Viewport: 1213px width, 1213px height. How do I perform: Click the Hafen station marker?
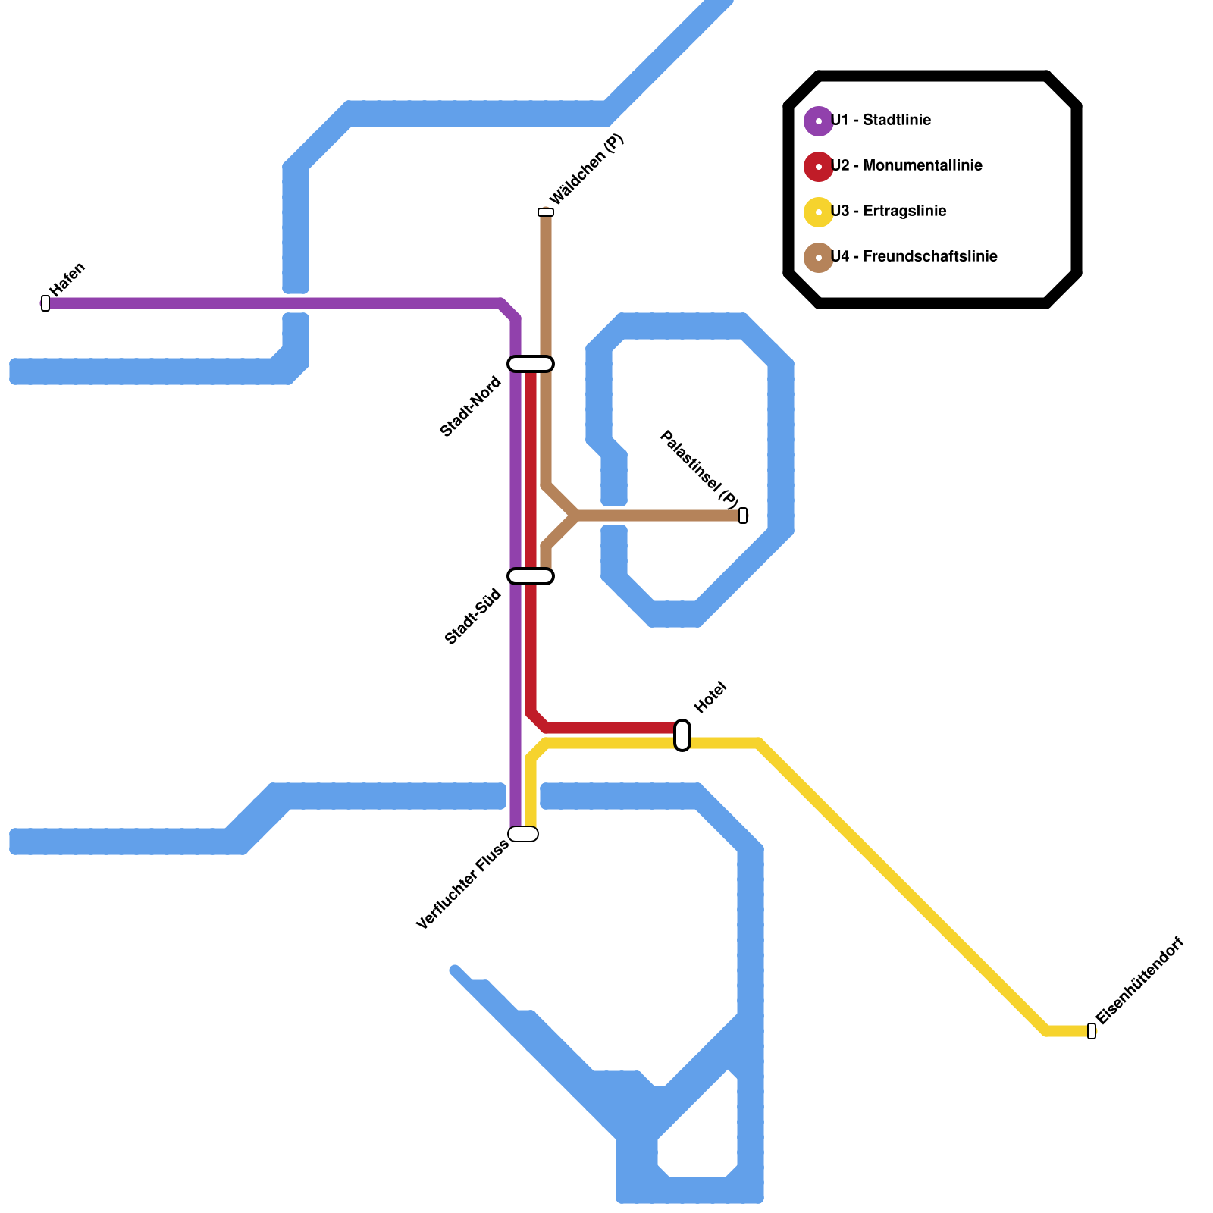45,303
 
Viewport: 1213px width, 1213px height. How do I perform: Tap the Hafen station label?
67,280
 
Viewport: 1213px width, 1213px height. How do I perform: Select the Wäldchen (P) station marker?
546,212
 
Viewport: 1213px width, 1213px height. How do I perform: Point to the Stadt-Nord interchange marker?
531,364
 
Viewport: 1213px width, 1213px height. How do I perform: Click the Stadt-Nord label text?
471,406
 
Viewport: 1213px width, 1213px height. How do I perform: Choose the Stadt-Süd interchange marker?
531,576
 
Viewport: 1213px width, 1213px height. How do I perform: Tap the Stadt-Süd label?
474,617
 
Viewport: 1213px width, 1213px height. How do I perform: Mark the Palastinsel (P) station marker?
743,516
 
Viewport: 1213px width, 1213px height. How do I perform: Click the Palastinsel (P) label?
699,469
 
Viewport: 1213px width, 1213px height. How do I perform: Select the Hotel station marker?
682,735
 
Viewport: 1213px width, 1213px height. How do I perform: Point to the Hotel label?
710,697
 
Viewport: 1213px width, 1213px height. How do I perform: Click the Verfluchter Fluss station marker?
523,834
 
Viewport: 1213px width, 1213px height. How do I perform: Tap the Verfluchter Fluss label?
462,885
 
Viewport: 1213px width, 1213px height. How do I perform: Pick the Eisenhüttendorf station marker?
1092,1031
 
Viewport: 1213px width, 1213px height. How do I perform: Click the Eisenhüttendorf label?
1139,981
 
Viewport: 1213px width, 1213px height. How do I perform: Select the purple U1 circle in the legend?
819,121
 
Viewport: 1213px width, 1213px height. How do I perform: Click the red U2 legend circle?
819,167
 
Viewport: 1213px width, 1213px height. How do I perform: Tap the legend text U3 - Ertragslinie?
889,212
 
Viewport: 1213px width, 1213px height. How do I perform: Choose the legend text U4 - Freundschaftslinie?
914,257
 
